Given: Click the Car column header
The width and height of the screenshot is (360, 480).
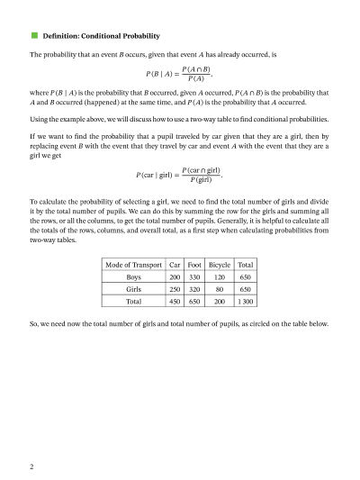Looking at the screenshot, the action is tap(175, 266).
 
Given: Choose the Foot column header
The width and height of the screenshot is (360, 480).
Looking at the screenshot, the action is tap(194, 266).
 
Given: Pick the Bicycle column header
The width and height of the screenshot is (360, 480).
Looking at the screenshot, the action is tap(220, 266).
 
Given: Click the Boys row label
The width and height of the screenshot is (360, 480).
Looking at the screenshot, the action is tap(133, 278).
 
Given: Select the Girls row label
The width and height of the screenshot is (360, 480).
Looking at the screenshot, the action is tap(133, 291).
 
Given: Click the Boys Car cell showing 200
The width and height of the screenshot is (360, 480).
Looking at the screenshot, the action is tap(175, 278).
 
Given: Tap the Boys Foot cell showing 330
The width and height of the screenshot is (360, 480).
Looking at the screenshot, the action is tap(194, 278).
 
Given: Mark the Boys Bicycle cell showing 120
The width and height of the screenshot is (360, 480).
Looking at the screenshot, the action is tap(220, 278).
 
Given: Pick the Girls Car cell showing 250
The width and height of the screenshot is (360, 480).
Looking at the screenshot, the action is tap(175, 291).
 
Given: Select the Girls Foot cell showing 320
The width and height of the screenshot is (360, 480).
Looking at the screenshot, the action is tap(194, 291).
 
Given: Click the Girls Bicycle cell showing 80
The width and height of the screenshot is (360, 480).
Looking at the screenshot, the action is tap(220, 291).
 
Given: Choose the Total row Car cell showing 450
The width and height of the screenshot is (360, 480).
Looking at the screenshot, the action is tap(175, 303).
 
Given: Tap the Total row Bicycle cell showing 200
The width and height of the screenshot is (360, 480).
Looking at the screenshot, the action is tap(220, 303).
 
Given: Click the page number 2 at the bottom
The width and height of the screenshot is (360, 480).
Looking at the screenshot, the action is tap(31, 466).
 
